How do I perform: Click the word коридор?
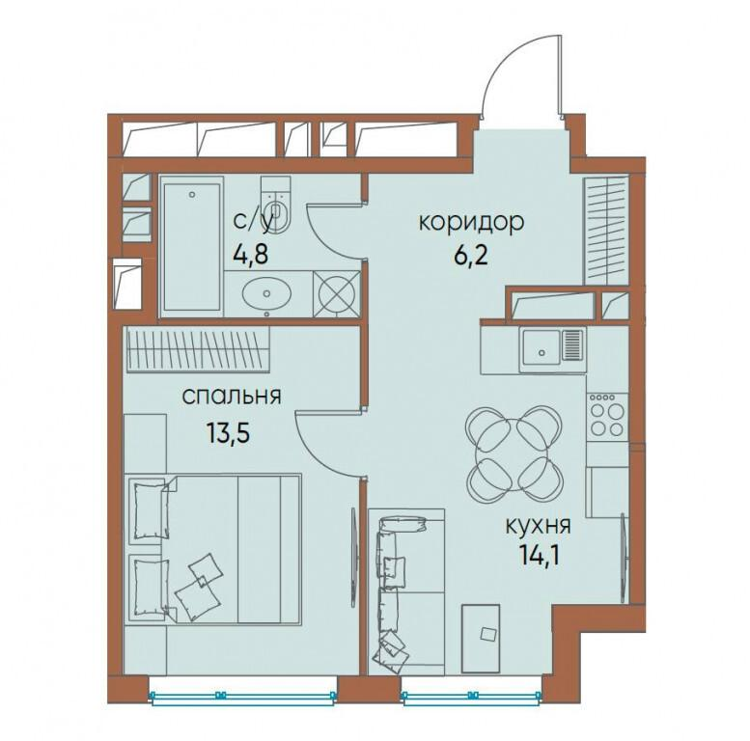point(472,224)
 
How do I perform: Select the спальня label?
point(232,397)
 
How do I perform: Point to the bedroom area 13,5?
point(229,433)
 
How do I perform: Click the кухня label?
point(539,527)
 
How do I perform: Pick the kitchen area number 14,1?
point(539,555)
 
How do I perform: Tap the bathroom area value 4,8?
point(250,254)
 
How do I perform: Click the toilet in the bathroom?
point(276,205)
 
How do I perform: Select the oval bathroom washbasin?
point(267,292)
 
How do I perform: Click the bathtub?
point(192,246)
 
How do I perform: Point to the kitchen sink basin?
point(542,351)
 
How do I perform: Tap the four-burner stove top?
point(607,415)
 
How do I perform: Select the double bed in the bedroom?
point(213,548)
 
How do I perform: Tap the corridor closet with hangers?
point(606,230)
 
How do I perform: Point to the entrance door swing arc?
point(513,67)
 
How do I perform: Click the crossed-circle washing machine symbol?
point(337,294)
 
